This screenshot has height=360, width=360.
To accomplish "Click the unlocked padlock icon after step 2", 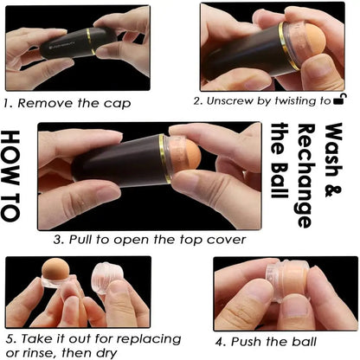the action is [340, 100].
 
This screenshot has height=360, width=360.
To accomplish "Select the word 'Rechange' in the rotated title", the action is [306, 176].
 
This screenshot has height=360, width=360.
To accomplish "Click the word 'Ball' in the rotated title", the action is [280, 181].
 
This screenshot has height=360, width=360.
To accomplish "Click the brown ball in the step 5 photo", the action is [55, 270].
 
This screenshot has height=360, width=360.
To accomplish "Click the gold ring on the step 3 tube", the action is [164, 158].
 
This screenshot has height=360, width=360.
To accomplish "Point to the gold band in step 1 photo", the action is [91, 41].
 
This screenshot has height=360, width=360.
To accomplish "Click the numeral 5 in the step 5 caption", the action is [10, 338].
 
